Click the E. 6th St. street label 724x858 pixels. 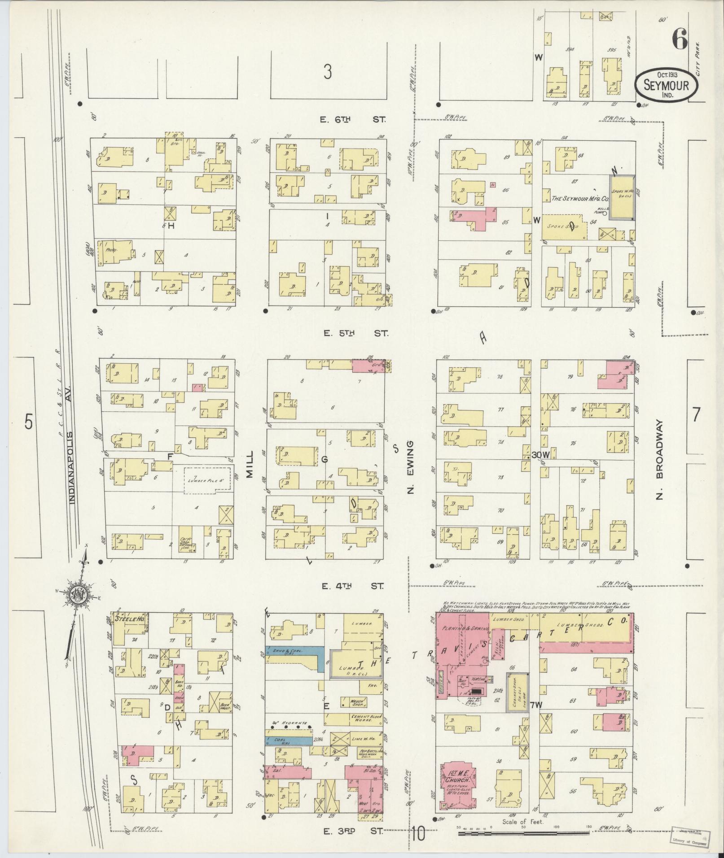point(352,119)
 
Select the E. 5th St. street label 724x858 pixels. point(352,333)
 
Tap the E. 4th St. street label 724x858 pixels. point(352,586)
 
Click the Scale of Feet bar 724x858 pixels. point(523,832)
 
